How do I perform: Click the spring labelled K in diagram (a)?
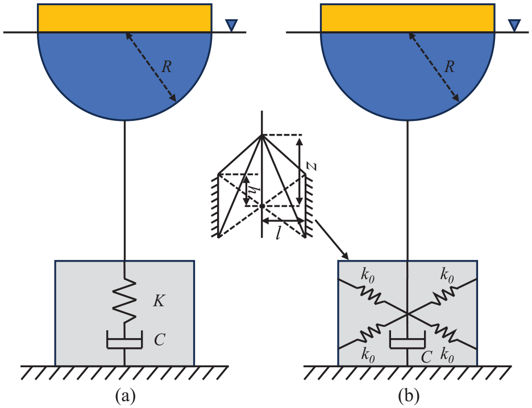click(124, 301)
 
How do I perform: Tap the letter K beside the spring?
click(159, 300)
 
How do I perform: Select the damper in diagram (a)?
click(124, 340)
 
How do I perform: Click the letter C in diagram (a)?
click(159, 340)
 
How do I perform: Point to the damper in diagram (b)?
click(407, 340)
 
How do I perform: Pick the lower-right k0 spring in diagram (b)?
click(444, 334)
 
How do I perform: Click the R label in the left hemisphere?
click(166, 67)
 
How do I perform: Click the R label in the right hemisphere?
click(449, 67)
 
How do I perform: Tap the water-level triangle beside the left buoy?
click(232, 26)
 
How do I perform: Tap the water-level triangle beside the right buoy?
click(515, 26)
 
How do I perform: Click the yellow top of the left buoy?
click(124, 18)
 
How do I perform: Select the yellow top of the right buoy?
click(408, 18)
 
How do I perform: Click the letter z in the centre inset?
click(312, 166)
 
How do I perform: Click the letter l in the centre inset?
click(278, 233)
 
